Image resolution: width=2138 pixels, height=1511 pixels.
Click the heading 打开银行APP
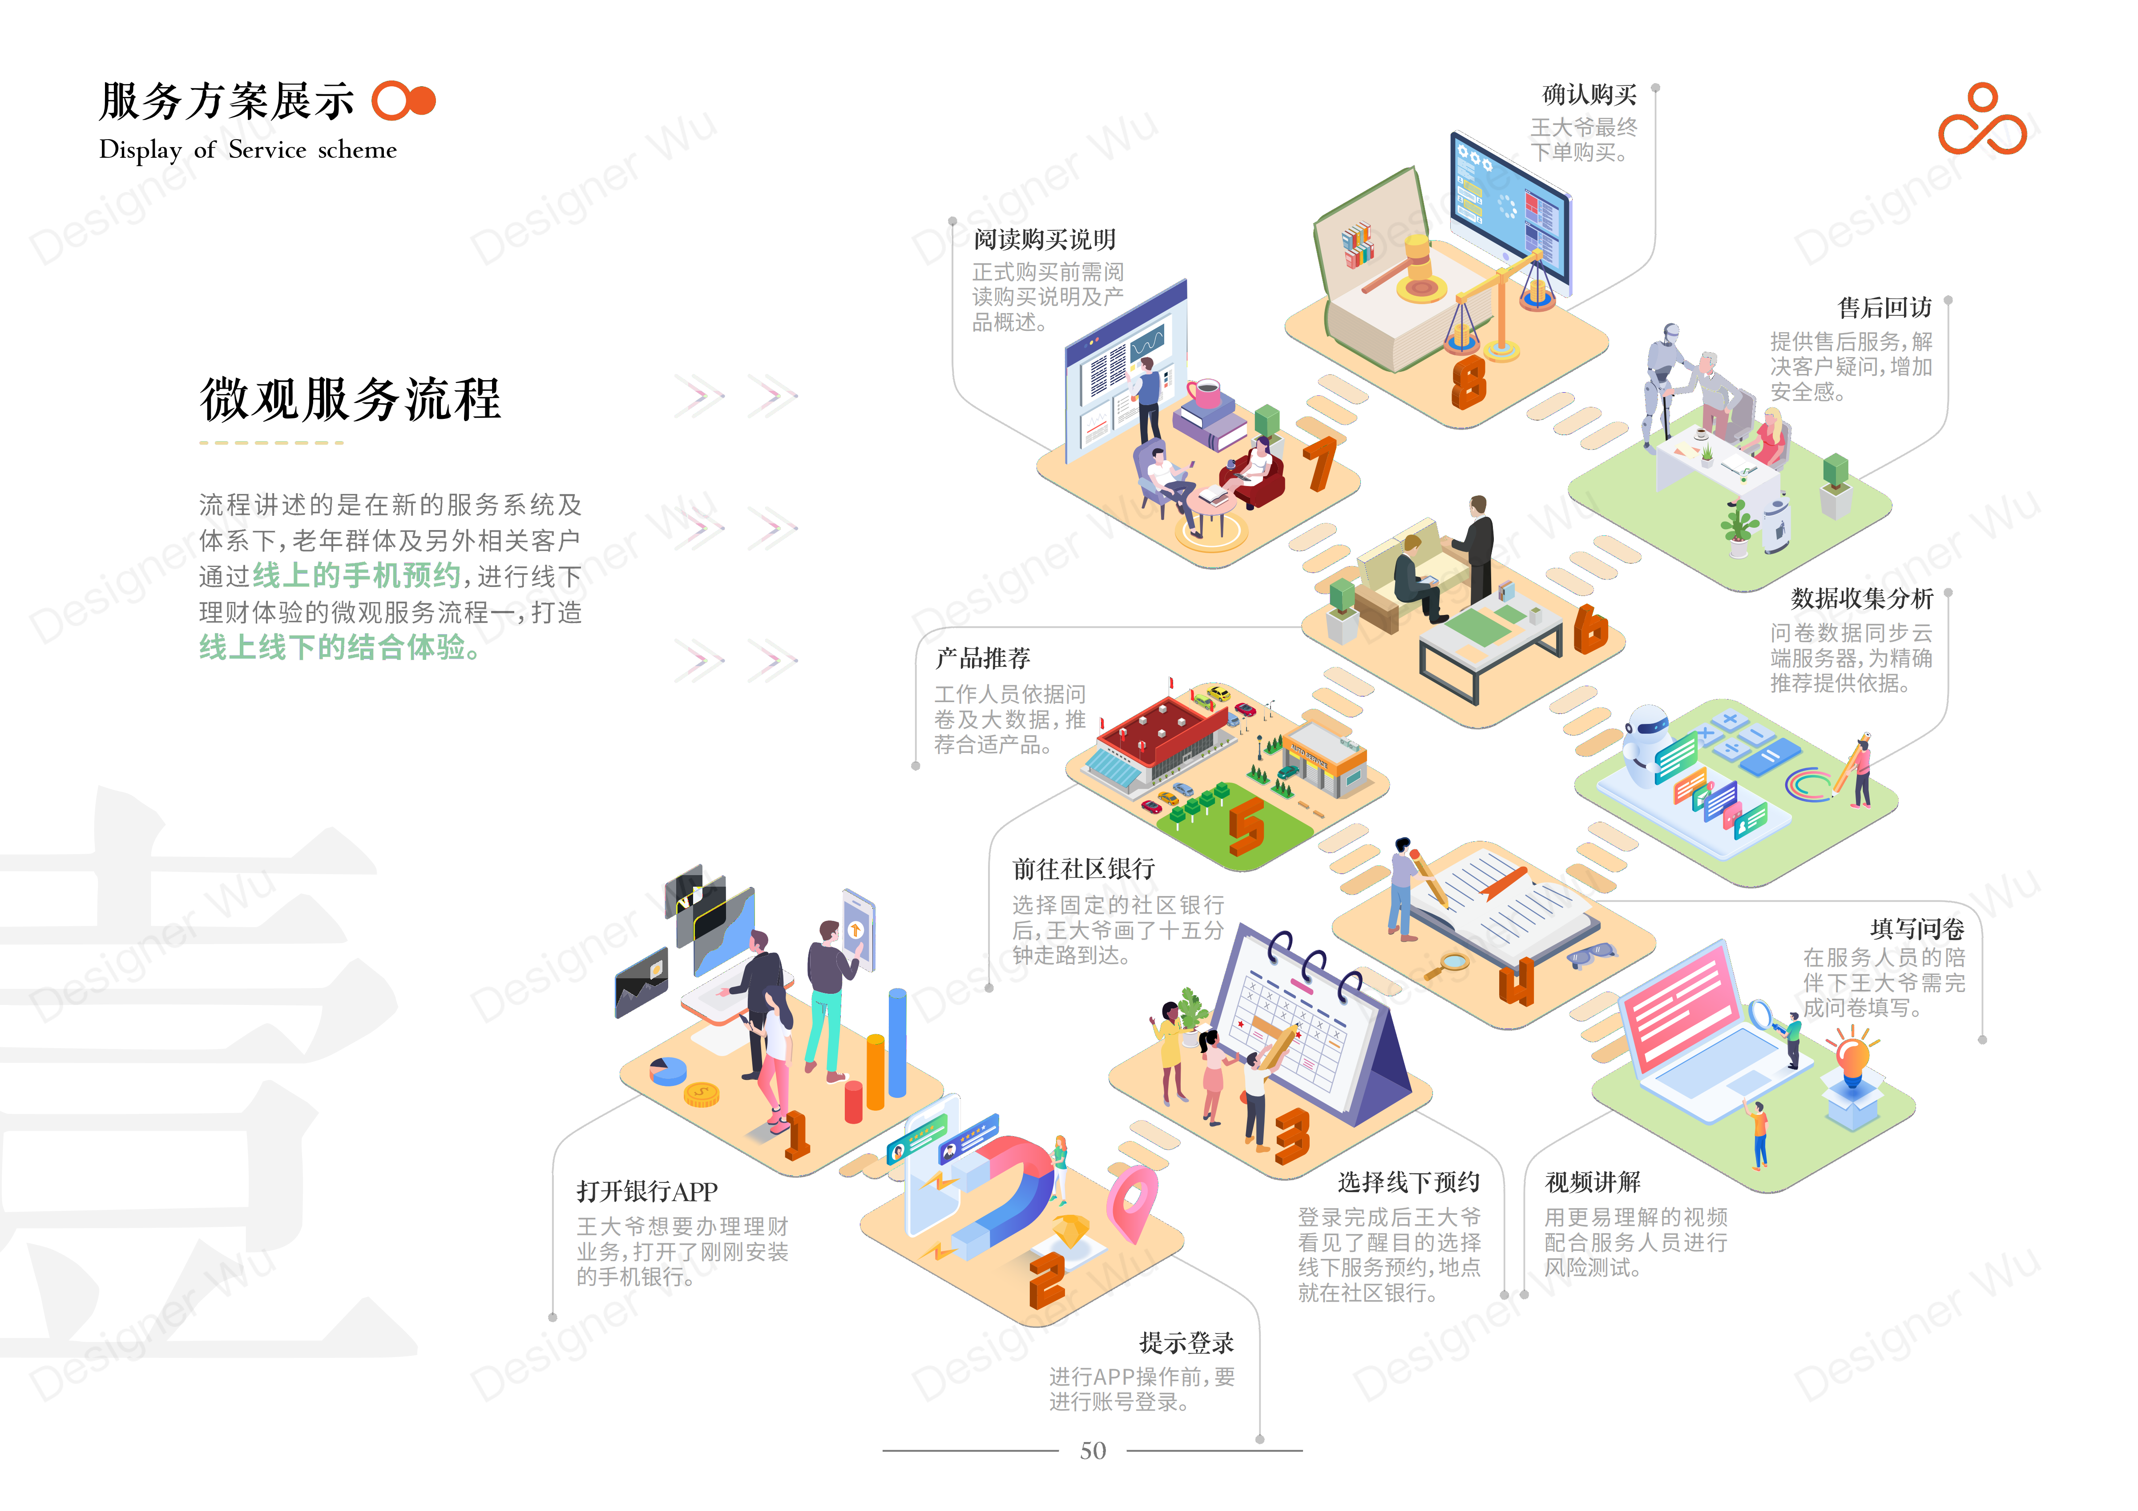click(646, 1192)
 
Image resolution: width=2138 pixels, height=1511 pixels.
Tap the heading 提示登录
click(1186, 1342)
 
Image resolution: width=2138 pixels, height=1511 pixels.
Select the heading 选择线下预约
click(1408, 1182)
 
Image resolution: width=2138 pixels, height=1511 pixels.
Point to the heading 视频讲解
click(1592, 1182)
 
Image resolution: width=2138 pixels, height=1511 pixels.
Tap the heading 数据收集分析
click(1860, 599)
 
